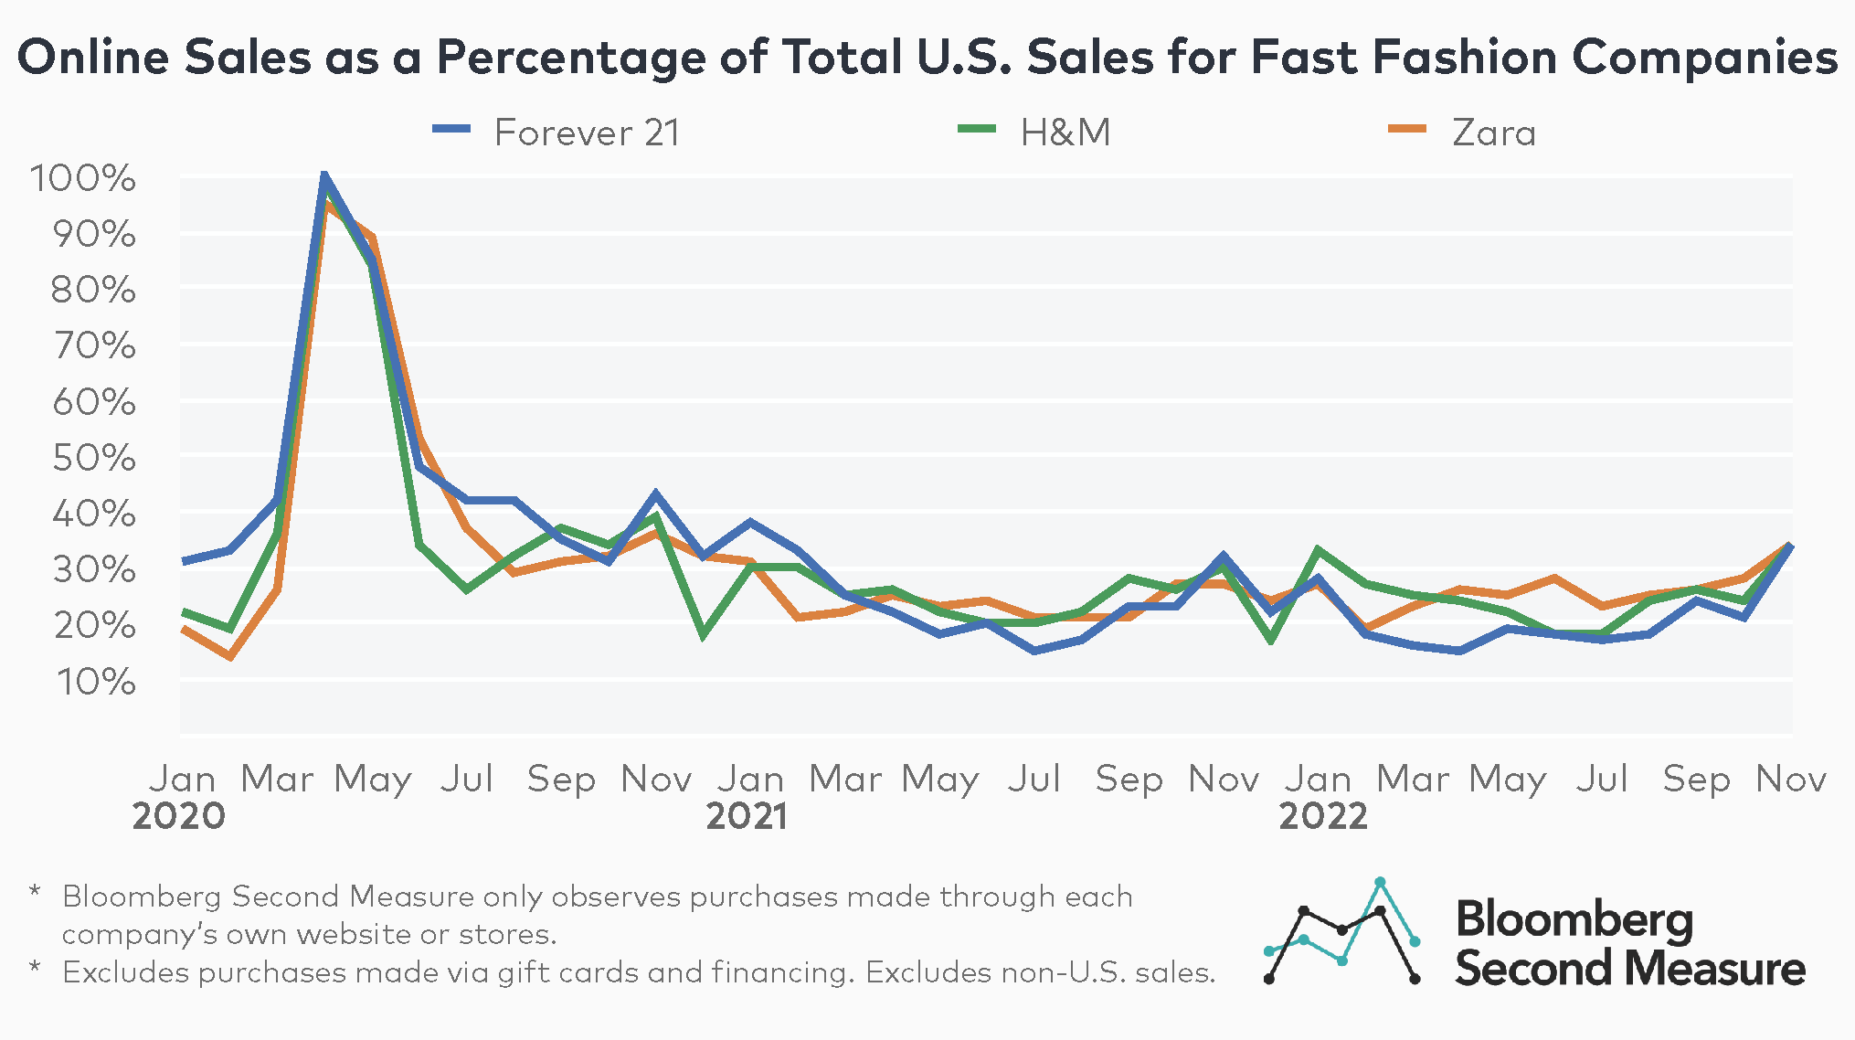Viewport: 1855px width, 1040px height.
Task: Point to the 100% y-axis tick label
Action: coord(83,178)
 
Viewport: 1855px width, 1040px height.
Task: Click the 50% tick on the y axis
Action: coord(94,458)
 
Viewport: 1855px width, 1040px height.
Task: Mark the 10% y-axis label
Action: coord(94,682)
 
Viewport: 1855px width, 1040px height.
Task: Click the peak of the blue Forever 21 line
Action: coord(324,175)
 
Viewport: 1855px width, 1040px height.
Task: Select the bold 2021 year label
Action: coord(747,816)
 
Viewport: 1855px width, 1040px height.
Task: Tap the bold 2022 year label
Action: coord(1322,816)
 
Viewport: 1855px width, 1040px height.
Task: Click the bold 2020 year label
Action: coord(179,816)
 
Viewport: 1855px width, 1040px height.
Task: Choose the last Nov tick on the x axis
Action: coord(1790,780)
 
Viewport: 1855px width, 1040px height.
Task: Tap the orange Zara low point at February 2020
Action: coord(230,656)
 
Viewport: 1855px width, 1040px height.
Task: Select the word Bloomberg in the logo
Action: coord(1574,919)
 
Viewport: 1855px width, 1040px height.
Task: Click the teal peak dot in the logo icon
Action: coord(1380,882)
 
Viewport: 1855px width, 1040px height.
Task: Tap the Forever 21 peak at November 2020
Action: coord(655,494)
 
